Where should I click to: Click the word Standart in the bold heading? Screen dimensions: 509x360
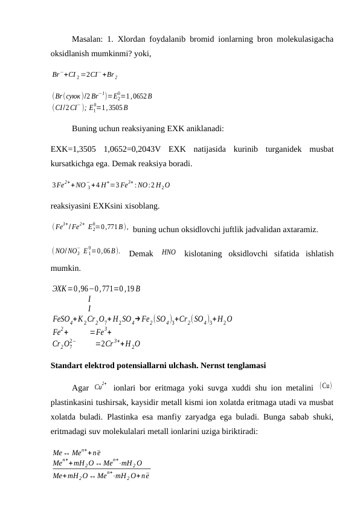(69, 366)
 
